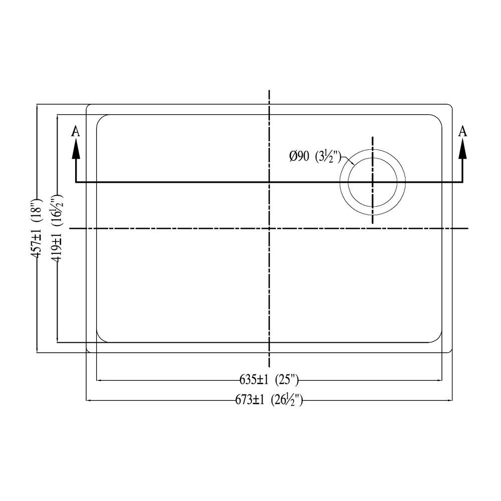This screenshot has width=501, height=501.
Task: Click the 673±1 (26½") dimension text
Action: (269, 400)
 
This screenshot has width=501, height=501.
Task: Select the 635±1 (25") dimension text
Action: (269, 380)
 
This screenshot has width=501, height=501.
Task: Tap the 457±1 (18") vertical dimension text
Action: (36, 229)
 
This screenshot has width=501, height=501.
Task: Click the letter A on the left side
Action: (76, 131)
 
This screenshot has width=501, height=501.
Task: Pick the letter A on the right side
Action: (463, 131)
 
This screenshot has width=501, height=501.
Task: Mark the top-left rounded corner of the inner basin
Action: (100, 118)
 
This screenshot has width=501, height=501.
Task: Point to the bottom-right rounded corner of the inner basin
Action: (438, 339)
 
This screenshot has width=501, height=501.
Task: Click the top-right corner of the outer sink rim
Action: (451, 106)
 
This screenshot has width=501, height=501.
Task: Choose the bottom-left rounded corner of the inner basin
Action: (100, 339)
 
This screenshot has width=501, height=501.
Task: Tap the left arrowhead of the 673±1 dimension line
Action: (90, 400)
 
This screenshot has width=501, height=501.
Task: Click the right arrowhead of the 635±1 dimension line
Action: (439, 380)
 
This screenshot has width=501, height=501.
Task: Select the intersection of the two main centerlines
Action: (270, 228)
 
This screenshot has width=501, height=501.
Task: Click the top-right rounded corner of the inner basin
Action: (438, 118)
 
